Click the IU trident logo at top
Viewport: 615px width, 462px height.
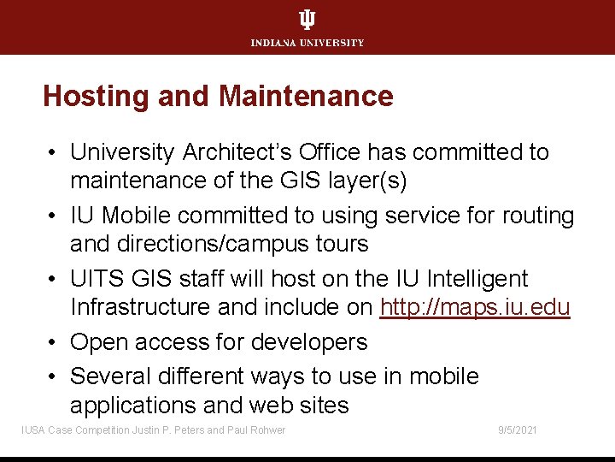(307, 20)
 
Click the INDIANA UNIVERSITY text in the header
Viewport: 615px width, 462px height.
(307, 43)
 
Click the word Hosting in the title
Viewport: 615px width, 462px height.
(97, 96)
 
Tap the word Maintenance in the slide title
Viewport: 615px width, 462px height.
(306, 96)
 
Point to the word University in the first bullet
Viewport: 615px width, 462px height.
(121, 152)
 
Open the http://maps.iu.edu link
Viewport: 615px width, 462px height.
(475, 307)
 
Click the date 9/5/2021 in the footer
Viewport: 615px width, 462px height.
(518, 429)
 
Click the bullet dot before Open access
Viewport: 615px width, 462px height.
(53, 342)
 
